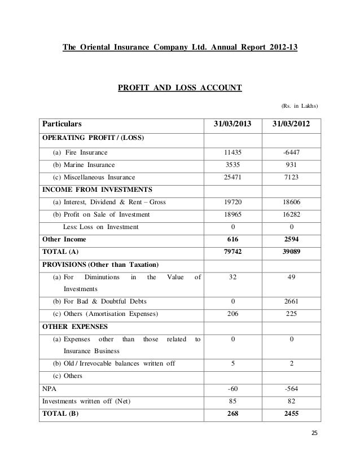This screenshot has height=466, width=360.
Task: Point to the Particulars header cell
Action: coord(61,124)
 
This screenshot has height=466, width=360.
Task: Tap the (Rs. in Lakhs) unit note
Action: coord(299,105)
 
